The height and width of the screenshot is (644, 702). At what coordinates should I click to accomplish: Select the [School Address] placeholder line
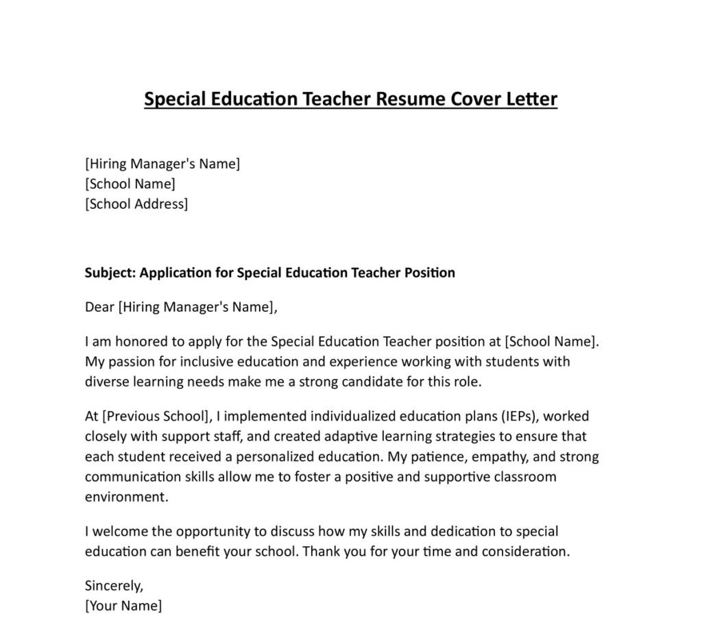coord(136,204)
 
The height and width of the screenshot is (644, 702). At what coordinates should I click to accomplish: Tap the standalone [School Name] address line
coord(130,184)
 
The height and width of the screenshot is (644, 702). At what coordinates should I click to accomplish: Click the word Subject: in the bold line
coord(110,273)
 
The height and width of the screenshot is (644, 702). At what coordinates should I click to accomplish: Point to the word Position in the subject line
coord(428,273)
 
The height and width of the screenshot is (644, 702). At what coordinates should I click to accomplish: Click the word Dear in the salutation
coord(99,307)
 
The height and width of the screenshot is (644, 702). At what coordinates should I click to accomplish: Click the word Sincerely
coord(114,586)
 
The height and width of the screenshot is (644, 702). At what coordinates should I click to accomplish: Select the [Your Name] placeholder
coord(123,606)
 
